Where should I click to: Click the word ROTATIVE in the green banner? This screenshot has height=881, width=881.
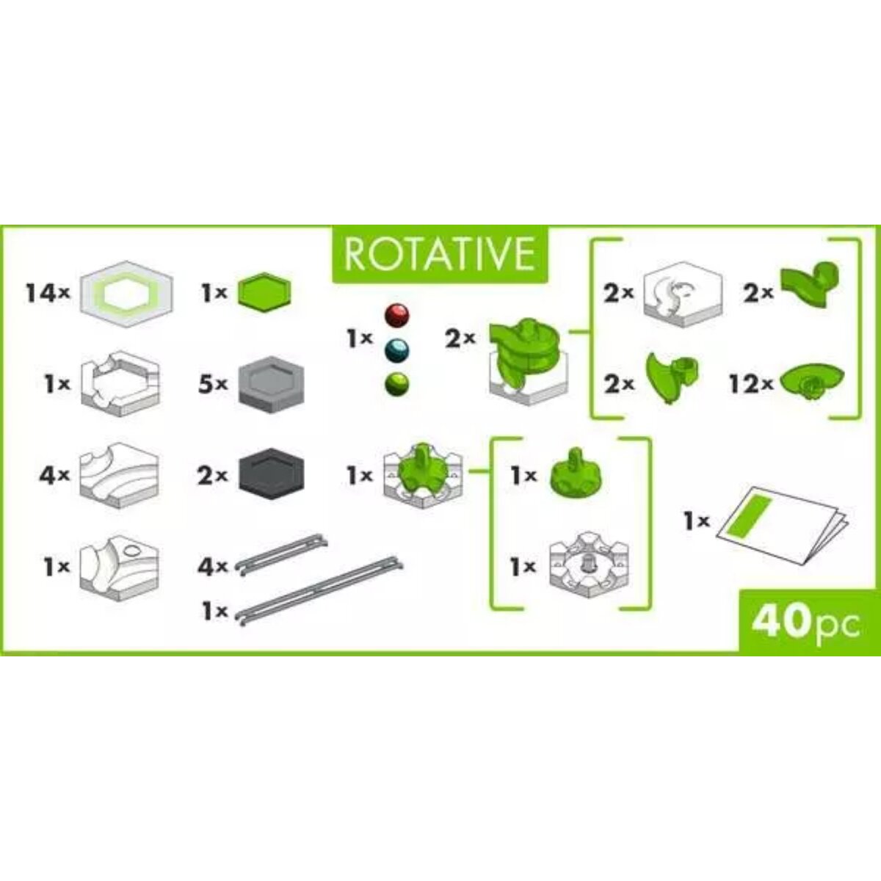coord(439,254)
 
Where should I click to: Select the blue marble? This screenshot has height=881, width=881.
coord(397,348)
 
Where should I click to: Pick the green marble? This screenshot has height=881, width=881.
coord(397,383)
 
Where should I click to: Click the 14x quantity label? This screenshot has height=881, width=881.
coord(48,294)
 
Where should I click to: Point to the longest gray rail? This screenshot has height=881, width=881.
coord(322,592)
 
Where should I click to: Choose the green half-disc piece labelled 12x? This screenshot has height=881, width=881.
coord(812,381)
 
